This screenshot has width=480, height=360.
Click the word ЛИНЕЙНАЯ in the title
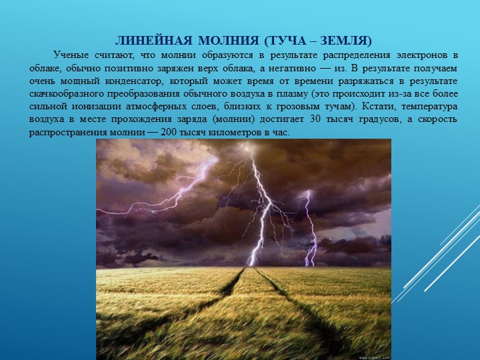pos(154,41)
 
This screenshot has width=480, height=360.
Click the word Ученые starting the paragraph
pos(71,55)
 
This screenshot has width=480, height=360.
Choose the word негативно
pos(292,68)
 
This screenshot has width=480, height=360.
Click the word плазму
pos(292,94)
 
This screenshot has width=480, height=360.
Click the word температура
pos(429,107)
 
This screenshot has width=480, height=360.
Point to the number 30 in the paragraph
pos(315,119)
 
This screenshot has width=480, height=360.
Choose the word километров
pos(235,133)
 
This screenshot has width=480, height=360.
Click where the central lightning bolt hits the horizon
pos(251,265)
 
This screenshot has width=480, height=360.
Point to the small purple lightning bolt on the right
pos(310,228)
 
